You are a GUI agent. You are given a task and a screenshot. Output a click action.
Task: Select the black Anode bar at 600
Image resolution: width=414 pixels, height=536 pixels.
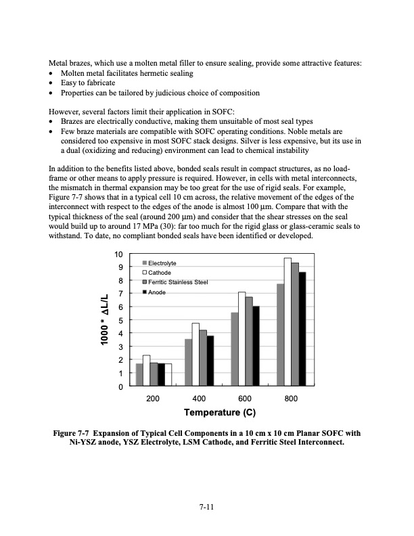256,346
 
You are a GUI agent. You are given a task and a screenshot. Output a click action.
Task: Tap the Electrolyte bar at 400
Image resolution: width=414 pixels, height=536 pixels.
189,363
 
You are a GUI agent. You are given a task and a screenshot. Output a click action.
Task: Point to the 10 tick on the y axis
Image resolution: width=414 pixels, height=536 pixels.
118,254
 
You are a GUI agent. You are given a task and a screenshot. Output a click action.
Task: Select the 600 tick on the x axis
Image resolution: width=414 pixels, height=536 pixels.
245,398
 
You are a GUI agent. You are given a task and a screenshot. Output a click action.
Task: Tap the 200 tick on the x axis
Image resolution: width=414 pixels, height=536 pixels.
153,398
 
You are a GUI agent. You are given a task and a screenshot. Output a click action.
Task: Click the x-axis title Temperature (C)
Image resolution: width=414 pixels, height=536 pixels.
219,413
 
